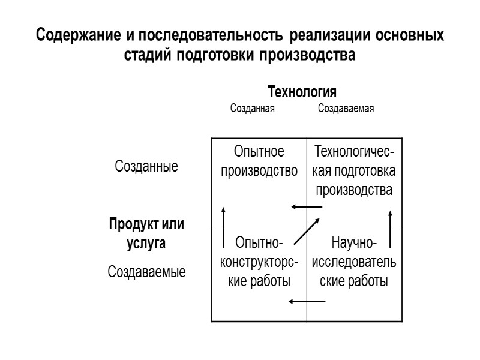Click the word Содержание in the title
(x=80, y=35)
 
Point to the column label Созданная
(x=253, y=109)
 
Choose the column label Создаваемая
(x=346, y=109)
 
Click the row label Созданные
(x=146, y=167)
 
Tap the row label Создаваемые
(x=146, y=272)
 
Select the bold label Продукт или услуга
(x=146, y=235)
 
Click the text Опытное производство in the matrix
(x=259, y=161)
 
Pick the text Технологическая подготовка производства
(x=354, y=171)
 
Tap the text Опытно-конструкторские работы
(x=259, y=262)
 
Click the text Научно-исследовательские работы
(x=354, y=262)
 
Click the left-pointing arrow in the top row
(x=306, y=207)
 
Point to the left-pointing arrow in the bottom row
(x=306, y=301)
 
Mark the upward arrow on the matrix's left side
(x=223, y=227)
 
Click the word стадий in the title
(x=149, y=56)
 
